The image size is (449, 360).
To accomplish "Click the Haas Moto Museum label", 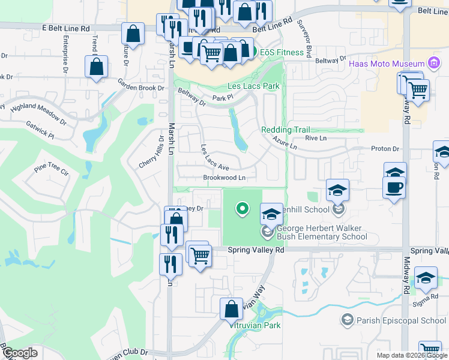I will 386,64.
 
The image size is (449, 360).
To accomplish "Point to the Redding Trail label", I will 285,130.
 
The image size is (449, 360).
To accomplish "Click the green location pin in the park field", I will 243,209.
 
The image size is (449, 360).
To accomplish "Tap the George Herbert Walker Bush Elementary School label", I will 322,232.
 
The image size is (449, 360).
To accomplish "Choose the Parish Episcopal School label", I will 401,320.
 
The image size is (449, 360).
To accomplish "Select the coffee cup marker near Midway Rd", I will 394,187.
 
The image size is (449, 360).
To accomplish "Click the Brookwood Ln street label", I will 224,178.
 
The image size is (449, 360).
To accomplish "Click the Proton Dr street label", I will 386,149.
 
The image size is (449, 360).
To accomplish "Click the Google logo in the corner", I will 20,353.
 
